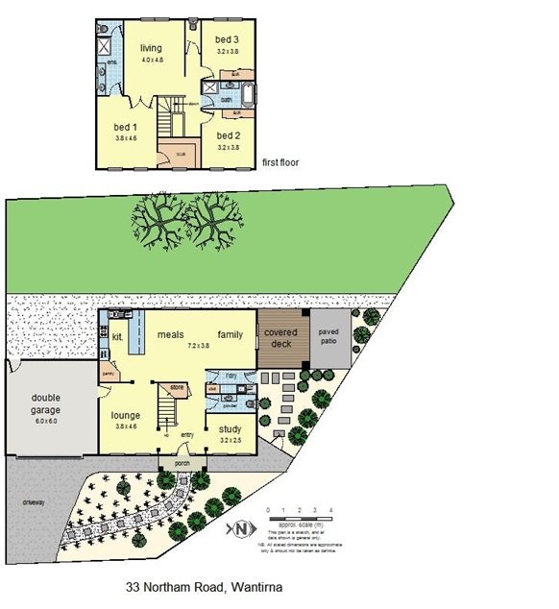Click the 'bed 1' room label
click(123, 127)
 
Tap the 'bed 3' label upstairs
click(227, 38)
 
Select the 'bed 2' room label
click(227, 135)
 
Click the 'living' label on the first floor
click(152, 48)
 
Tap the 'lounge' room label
click(125, 415)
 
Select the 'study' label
click(231, 429)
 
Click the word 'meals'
click(171, 334)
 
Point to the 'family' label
click(230, 334)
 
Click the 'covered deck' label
click(281, 338)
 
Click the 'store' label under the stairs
click(176, 388)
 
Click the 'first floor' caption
click(280, 163)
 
